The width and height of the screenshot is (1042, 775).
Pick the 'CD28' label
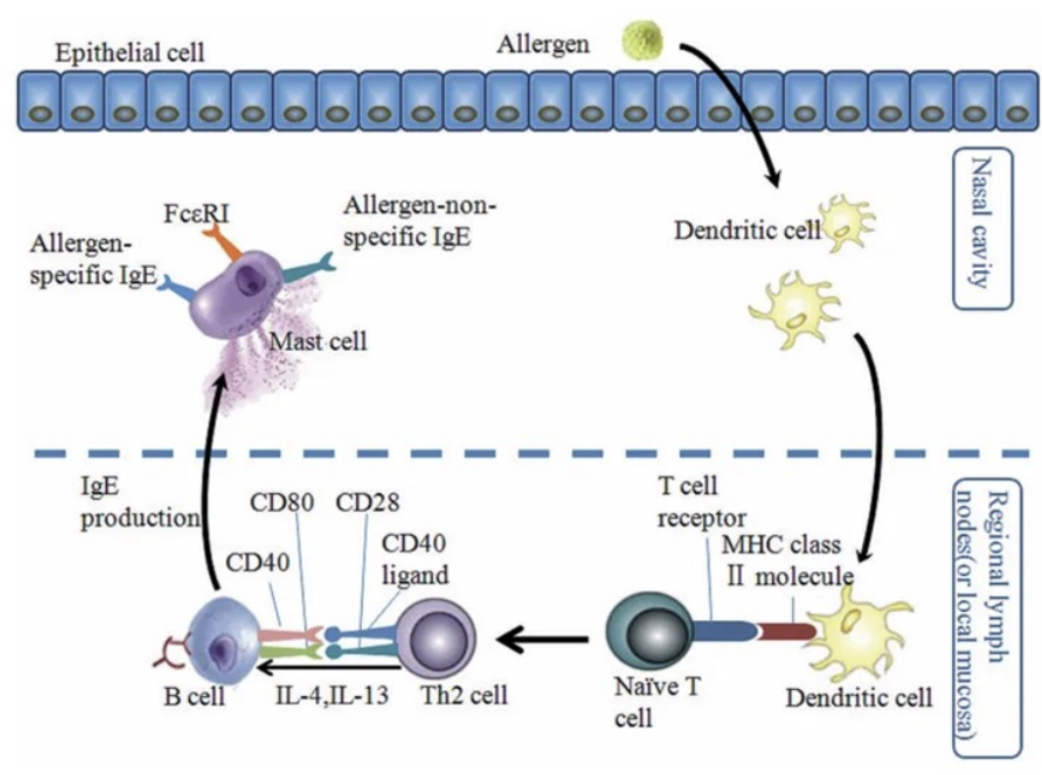coord(366,501)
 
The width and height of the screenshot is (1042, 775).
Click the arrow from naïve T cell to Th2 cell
coord(543,643)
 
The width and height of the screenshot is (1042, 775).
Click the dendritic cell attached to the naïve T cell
coord(855,633)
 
